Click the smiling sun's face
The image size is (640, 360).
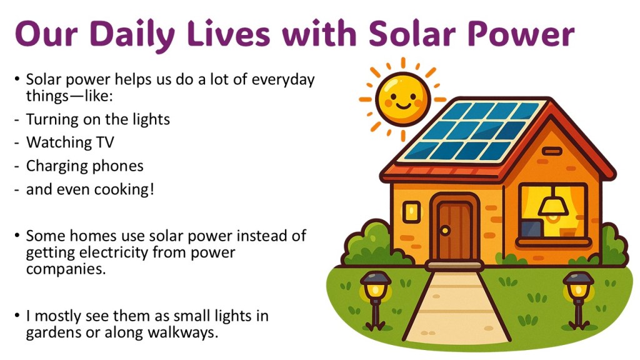tap(402, 99)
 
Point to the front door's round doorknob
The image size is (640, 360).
tap(445, 230)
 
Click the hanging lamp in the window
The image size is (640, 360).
tap(553, 204)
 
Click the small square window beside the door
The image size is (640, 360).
tap(411, 212)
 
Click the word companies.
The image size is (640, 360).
tap(66, 269)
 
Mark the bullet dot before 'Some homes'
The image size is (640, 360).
tap(17, 236)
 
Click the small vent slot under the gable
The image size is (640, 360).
tap(552, 151)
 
